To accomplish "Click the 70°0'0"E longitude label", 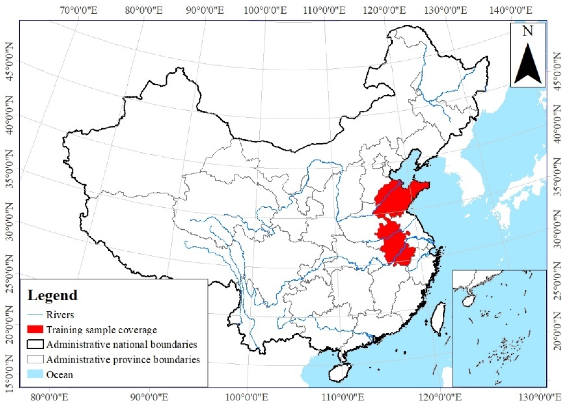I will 78,11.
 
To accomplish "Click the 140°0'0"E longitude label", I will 511,11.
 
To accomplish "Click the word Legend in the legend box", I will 52,295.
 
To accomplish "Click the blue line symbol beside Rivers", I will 35,315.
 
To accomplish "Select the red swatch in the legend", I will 35,329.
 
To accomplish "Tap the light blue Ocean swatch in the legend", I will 35,374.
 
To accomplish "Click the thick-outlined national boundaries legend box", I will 35,344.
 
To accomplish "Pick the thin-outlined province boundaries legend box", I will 35,359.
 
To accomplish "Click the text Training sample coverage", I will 102,330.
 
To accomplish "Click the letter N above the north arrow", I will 528,31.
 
